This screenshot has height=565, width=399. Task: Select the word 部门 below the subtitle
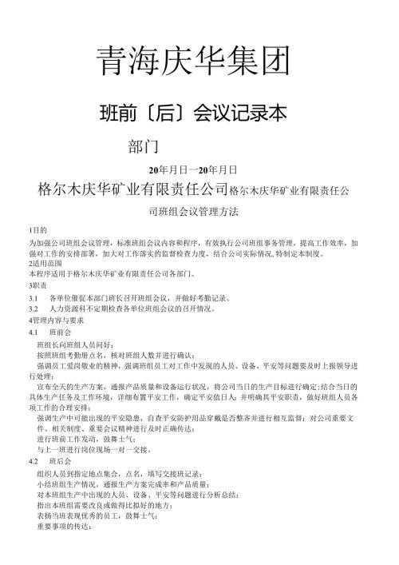click(x=144, y=147)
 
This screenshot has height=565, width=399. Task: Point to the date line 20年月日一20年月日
click(x=194, y=171)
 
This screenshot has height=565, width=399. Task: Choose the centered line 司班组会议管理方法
click(x=194, y=213)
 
